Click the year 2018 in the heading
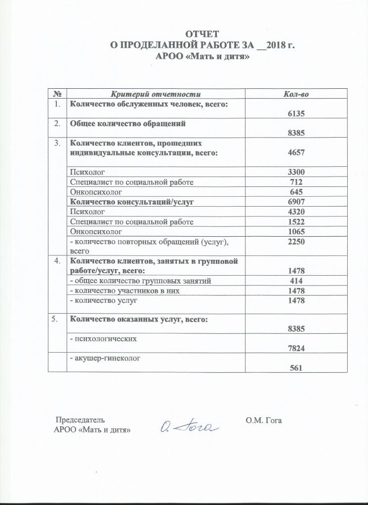(x=276, y=45)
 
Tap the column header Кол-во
(x=296, y=94)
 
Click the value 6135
(x=296, y=113)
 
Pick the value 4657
(x=296, y=153)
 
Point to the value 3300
(x=296, y=173)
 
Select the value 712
(x=296, y=182)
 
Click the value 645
(x=296, y=192)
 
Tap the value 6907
(x=296, y=202)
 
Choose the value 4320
(x=296, y=212)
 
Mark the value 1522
(x=296, y=221)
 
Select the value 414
(x=296, y=281)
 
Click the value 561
(x=296, y=368)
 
